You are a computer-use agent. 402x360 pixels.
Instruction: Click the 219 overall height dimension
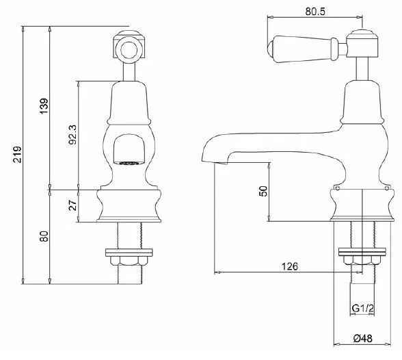point(18,155)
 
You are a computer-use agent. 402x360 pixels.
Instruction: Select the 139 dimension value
point(44,106)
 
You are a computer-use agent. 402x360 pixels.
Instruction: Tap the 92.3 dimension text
point(72,134)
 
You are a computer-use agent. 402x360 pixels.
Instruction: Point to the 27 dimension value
point(72,205)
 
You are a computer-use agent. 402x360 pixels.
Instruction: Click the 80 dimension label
point(44,236)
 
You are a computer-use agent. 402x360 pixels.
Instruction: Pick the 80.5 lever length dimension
point(315,12)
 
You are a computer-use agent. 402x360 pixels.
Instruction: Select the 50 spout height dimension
point(263,191)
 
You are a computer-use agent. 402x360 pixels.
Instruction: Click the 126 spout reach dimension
point(290,266)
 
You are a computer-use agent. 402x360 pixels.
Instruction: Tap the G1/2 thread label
point(362,308)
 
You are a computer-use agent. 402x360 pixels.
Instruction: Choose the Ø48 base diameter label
point(363,338)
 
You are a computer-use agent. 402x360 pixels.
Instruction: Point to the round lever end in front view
point(128,49)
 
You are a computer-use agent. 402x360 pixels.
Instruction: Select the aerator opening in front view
point(127,163)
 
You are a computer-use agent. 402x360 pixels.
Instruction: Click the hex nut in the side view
point(362,261)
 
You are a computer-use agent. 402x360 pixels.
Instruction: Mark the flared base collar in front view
point(129,206)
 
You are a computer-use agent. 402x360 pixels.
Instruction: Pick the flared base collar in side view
point(362,205)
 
